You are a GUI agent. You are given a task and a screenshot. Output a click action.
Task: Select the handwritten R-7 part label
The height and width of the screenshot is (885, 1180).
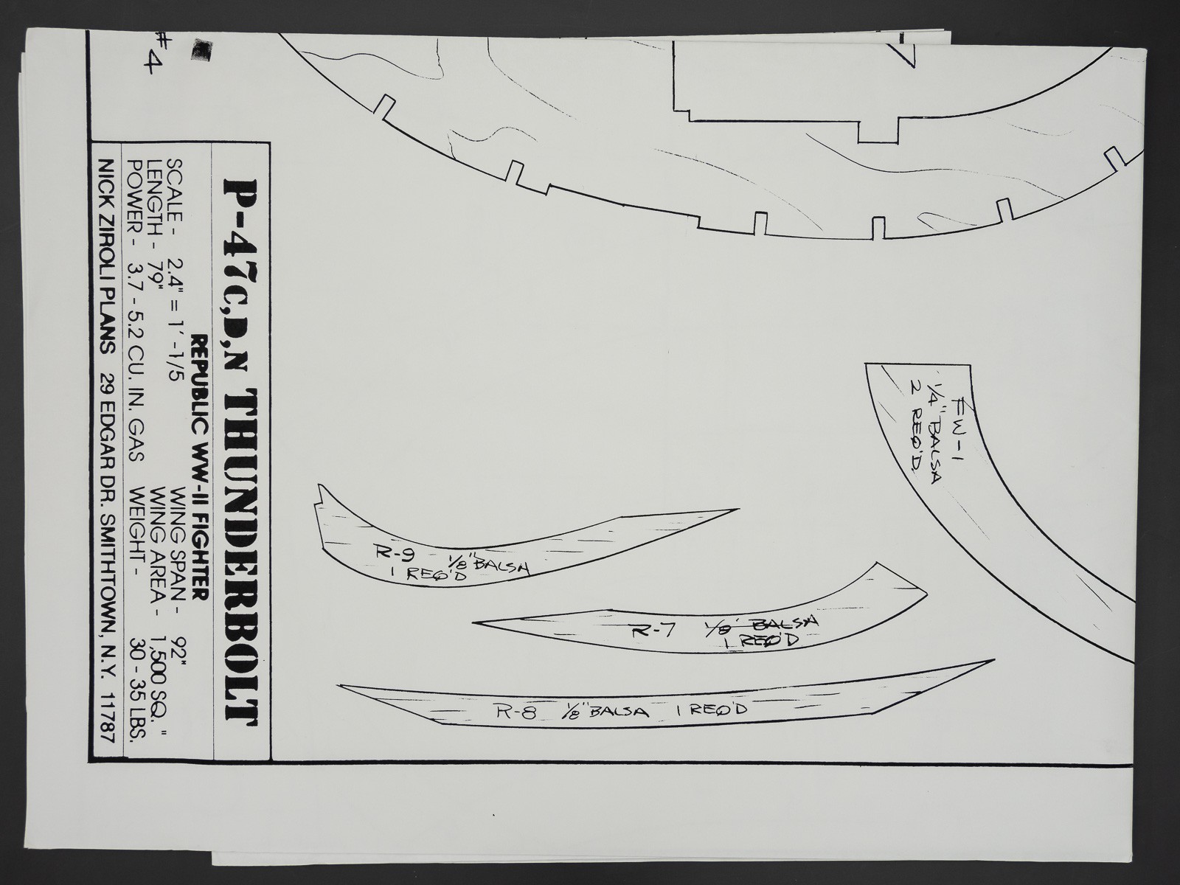pos(653,631)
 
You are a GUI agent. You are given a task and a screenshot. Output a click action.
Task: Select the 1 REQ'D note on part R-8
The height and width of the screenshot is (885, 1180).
pos(711,709)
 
